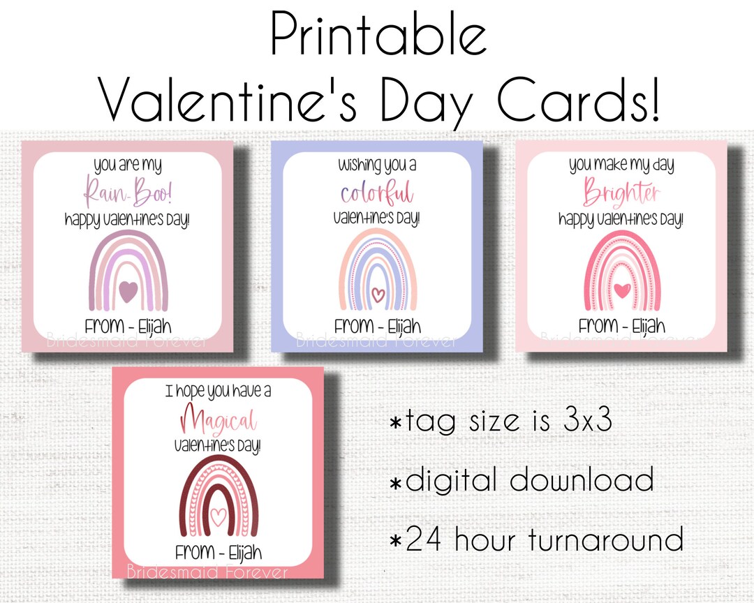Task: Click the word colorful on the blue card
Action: click(x=377, y=191)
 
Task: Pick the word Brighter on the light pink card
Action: click(x=621, y=192)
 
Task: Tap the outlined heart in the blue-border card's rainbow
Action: click(x=378, y=295)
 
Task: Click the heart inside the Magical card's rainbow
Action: click(x=219, y=516)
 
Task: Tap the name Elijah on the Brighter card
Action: click(x=649, y=326)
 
